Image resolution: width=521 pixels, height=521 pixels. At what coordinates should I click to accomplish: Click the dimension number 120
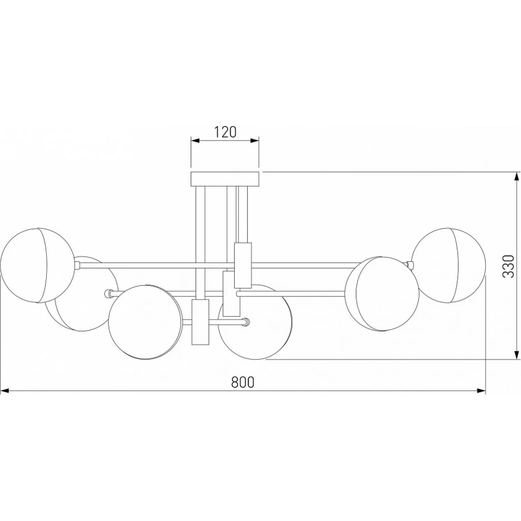coord(225,132)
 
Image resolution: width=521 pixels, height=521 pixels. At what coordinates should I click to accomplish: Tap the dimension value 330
coord(508,266)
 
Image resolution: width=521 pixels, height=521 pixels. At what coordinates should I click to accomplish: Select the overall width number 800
coord(243,382)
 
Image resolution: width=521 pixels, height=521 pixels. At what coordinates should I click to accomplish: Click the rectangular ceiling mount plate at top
coord(225,179)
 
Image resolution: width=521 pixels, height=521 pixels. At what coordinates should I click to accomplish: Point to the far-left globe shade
coord(37,265)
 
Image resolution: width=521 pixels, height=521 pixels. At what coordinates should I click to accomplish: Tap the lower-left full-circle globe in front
coord(145,322)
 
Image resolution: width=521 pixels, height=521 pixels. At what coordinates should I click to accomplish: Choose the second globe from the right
coord(382,294)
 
